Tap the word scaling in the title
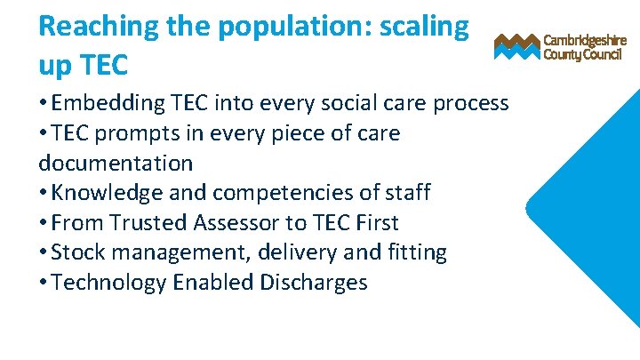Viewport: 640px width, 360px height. coord(424,27)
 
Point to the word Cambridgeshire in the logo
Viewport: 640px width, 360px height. coord(585,41)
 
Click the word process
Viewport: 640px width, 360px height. coord(470,104)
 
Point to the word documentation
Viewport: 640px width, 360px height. coord(116,163)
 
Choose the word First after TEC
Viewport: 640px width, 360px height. coord(374,222)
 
